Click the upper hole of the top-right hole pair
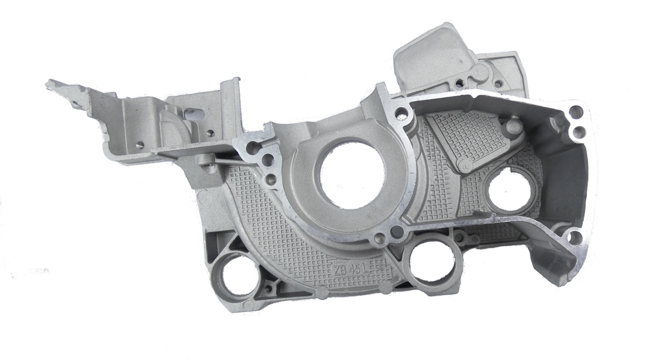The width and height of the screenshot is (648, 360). tap(576, 112)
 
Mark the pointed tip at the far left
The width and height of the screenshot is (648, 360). tap(47, 84)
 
